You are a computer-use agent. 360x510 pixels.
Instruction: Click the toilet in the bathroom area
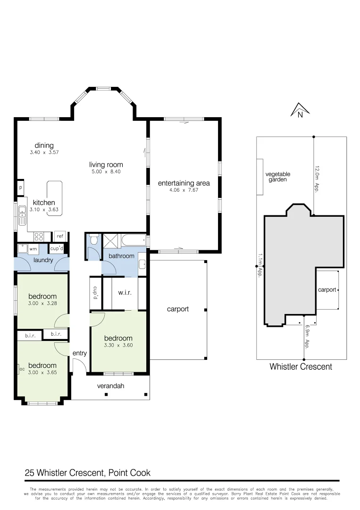[x=93, y=240]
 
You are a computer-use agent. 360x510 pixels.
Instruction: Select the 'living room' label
[x=106, y=165]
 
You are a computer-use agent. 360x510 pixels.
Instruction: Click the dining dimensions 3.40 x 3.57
[x=44, y=153]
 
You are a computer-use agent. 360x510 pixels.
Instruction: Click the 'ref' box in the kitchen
[x=60, y=236]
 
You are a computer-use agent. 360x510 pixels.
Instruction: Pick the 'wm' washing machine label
[x=33, y=248]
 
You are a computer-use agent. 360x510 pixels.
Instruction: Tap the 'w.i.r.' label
[x=124, y=293]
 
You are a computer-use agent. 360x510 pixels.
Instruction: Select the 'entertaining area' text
[x=184, y=183]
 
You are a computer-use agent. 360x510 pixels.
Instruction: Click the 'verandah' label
[x=110, y=386]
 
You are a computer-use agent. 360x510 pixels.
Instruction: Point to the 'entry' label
[x=79, y=353]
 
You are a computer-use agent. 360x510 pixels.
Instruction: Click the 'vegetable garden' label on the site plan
[x=278, y=177]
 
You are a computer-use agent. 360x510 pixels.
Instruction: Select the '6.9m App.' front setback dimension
[x=307, y=337]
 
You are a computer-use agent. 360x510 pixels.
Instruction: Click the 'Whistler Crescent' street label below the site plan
[x=301, y=366]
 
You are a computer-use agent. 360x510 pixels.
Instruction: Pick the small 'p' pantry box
[x=20, y=187]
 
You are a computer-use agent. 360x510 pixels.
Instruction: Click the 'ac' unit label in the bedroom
[x=22, y=369]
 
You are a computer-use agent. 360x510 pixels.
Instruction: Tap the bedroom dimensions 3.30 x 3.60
[x=118, y=345]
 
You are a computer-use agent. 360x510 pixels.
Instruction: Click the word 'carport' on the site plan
[x=327, y=289]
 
